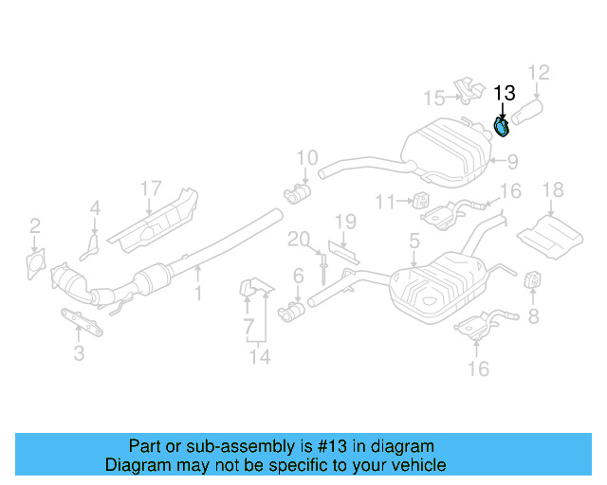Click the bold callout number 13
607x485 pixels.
point(504,93)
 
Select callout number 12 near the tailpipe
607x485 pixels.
point(538,72)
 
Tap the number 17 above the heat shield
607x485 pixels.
point(152,189)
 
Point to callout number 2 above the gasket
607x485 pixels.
point(35,225)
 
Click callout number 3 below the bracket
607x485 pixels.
point(79,354)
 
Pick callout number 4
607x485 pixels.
point(95,208)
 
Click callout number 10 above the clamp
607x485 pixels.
point(305,158)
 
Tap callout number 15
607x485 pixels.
point(433,98)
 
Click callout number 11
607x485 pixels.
point(384,202)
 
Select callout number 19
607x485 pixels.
point(344,223)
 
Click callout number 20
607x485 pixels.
point(300,239)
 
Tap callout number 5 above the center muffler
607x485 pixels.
point(414,242)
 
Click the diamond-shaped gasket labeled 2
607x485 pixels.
point(36,261)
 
